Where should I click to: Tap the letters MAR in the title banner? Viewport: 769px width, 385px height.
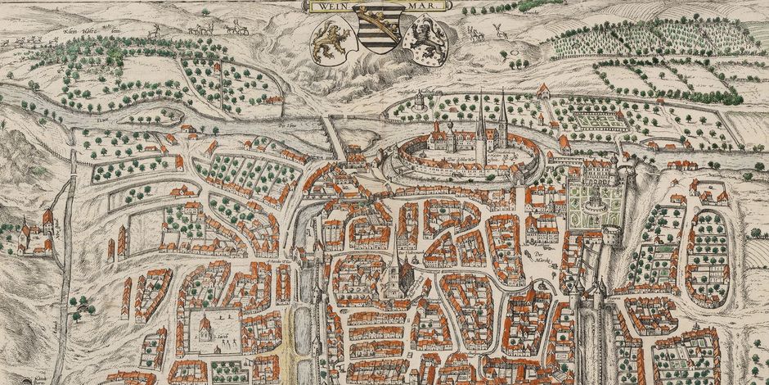(426, 7)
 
